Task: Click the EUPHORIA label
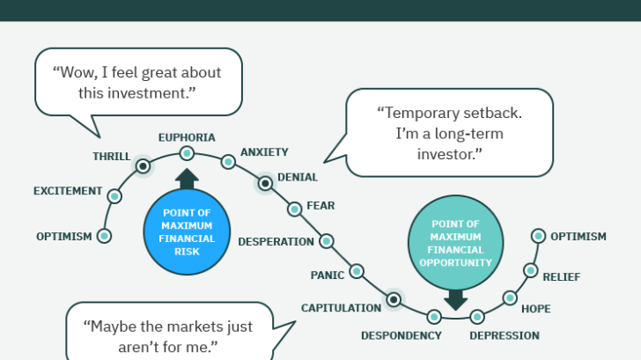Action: pyautogui.click(x=187, y=137)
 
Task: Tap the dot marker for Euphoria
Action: pyautogui.click(x=187, y=153)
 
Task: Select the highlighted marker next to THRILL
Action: pyautogui.click(x=142, y=165)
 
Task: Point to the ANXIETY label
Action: pyautogui.click(x=264, y=151)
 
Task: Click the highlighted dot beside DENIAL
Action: pyautogui.click(x=264, y=183)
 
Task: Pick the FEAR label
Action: pyautogui.click(x=320, y=206)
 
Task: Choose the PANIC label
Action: pyautogui.click(x=327, y=275)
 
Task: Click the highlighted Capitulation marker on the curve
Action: pyautogui.click(x=394, y=300)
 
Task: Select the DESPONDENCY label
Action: pyautogui.click(x=401, y=335)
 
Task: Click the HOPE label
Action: pyautogui.click(x=536, y=308)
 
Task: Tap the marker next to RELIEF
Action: pyautogui.click(x=530, y=270)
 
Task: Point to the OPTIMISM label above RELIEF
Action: pyautogui.click(x=578, y=236)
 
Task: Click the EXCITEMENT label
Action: pyautogui.click(x=66, y=191)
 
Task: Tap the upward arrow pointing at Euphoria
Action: pyautogui.click(x=187, y=179)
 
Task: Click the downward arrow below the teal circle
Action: pyautogui.click(x=455, y=299)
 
